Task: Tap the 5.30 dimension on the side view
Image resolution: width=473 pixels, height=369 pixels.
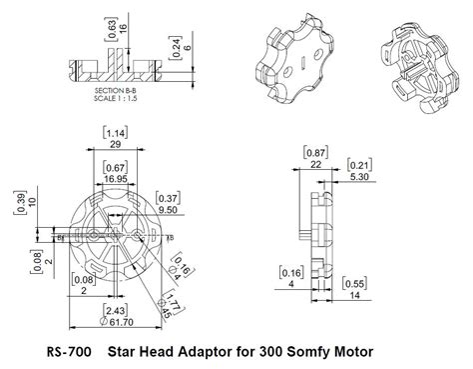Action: [360, 175]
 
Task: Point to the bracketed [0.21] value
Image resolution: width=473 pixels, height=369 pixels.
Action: [359, 163]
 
